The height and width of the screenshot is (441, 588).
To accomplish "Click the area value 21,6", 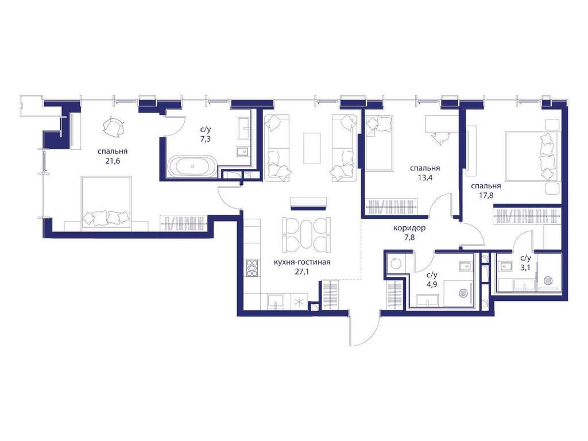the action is click(113, 161).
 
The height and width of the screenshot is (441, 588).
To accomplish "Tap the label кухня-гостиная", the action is click(302, 262).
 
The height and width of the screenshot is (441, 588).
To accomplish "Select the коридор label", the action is click(409, 228).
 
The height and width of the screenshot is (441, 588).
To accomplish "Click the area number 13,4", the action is click(425, 178).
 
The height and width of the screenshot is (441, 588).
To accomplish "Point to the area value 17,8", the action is click(486, 195).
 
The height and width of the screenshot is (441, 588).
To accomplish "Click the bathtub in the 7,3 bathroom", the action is click(192, 166).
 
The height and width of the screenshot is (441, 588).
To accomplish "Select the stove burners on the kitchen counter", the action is click(252, 268).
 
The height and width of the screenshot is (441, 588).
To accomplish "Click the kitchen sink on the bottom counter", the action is click(276, 301).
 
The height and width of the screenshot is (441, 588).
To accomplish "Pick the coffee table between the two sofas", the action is click(312, 148).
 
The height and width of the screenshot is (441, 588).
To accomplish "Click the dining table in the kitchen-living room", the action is click(306, 235).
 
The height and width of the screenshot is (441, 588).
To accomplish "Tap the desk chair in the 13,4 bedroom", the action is click(440, 138).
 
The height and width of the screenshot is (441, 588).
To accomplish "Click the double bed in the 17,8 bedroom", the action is click(533, 156).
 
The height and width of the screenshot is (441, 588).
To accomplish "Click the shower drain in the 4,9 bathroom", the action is click(464, 292).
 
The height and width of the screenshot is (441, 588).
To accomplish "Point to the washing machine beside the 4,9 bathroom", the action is click(394, 264).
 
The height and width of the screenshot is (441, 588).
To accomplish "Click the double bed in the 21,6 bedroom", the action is click(106, 203).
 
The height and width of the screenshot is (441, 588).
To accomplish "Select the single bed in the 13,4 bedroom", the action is click(380, 143).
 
